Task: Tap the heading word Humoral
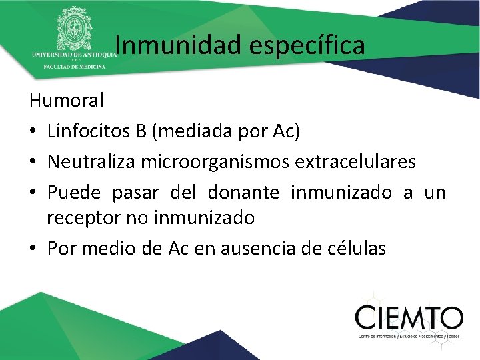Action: (x=67, y=101)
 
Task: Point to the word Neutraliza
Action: (x=93, y=161)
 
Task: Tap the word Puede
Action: (x=74, y=193)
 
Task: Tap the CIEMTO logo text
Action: (x=408, y=317)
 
